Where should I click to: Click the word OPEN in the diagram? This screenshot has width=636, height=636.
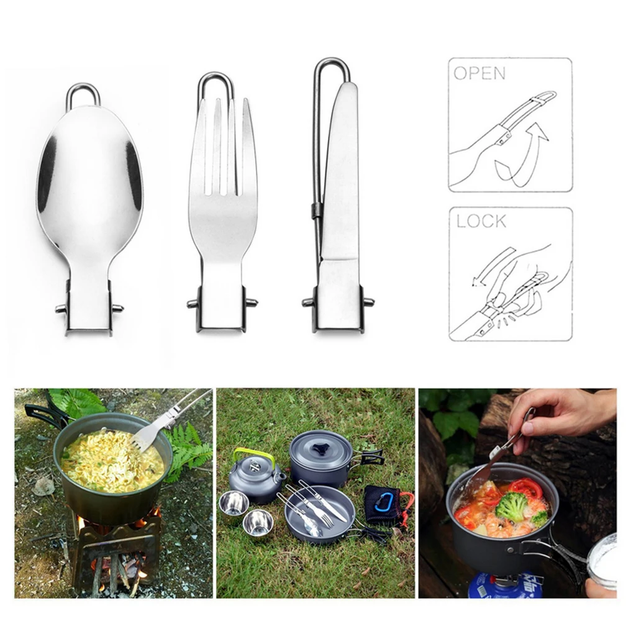click(479, 73)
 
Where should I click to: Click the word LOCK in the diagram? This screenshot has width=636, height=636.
click(481, 220)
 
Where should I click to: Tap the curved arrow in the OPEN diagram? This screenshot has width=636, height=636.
click(522, 152)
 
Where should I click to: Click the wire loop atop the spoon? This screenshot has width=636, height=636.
click(83, 94)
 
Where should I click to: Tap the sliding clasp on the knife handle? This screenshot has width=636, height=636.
click(317, 210)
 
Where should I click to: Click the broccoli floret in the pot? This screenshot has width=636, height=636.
click(511, 506)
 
